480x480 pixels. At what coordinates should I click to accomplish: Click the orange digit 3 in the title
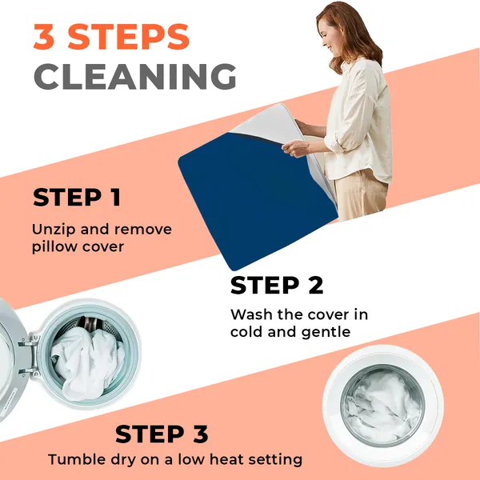44,37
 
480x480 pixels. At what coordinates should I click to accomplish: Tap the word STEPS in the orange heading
129,37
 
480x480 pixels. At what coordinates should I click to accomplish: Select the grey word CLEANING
135,76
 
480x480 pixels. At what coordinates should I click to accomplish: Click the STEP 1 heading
77,198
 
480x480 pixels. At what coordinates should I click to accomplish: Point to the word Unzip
54,230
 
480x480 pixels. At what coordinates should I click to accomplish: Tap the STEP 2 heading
277,286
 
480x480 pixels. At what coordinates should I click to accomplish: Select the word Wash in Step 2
251,314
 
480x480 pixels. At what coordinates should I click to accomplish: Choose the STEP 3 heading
162,434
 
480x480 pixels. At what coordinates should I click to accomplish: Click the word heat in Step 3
226,459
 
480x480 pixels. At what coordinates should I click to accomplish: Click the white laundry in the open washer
87,362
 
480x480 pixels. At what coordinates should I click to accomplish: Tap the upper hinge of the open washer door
30,342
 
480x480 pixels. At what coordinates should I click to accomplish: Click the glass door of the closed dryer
383,406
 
